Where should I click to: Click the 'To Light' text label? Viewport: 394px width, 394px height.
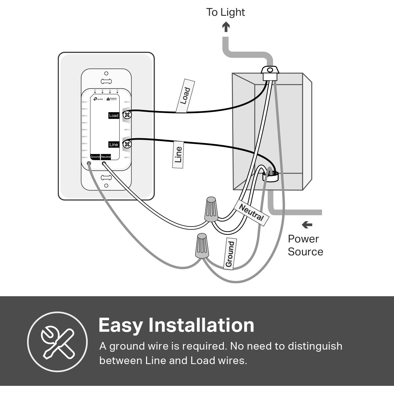click(x=225, y=12)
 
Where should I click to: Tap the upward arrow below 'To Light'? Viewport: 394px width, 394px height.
click(x=226, y=27)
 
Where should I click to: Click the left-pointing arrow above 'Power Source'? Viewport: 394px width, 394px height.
click(x=307, y=225)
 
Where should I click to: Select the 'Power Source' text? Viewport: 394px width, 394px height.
click(x=305, y=245)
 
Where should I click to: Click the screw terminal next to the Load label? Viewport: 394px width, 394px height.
click(x=127, y=115)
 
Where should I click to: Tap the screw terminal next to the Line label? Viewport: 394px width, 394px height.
click(x=127, y=144)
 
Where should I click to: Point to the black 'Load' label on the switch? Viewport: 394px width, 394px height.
click(x=114, y=116)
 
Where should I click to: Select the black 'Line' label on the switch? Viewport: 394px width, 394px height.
click(x=114, y=144)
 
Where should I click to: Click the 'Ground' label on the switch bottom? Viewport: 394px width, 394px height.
click(x=95, y=157)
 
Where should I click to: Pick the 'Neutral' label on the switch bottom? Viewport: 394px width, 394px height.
click(x=106, y=157)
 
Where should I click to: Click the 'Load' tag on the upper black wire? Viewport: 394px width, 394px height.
click(x=185, y=96)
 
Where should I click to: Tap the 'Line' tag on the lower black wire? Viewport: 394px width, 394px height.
click(x=178, y=155)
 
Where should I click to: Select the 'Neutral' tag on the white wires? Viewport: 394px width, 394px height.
click(x=251, y=212)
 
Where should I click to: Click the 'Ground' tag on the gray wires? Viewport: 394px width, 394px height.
click(x=230, y=254)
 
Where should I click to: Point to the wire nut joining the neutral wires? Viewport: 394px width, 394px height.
click(x=211, y=209)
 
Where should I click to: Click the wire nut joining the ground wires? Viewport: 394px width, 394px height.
click(x=202, y=246)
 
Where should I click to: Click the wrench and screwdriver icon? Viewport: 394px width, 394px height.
click(x=57, y=342)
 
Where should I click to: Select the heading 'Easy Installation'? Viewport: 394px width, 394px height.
click(x=176, y=325)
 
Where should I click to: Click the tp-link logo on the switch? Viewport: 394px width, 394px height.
click(x=98, y=99)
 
